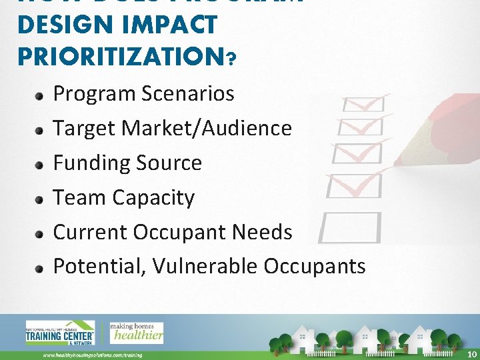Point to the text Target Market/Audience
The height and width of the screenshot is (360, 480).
[172, 128]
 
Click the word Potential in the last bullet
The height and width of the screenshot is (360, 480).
[99, 266]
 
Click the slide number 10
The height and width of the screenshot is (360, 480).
[472, 353]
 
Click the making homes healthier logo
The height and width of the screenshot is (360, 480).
[136, 332]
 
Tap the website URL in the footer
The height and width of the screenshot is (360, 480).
[93, 355]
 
